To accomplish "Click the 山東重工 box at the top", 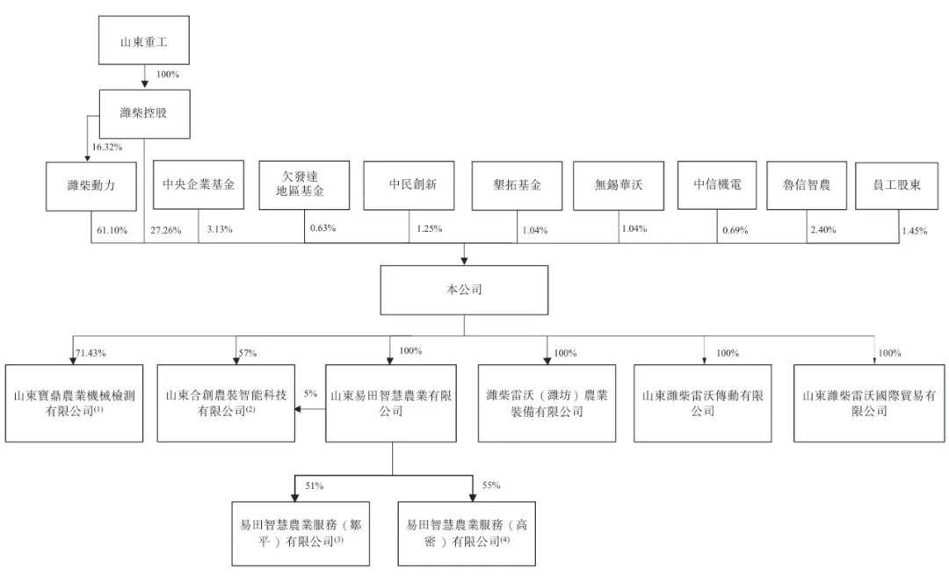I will [145, 40].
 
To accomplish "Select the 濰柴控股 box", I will [143, 113].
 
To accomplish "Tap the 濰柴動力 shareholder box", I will [91, 186].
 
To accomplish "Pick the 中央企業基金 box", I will [199, 185].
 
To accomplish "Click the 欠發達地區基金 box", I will [304, 184].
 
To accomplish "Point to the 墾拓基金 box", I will [517, 186].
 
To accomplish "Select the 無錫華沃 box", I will [619, 186].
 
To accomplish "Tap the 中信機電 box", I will [717, 184].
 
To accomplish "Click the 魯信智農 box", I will [807, 185].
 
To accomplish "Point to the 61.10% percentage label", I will [110, 230].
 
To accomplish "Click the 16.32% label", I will [106, 148].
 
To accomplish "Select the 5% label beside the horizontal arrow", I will [310, 394].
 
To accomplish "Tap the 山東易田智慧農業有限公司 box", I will [391, 403].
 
